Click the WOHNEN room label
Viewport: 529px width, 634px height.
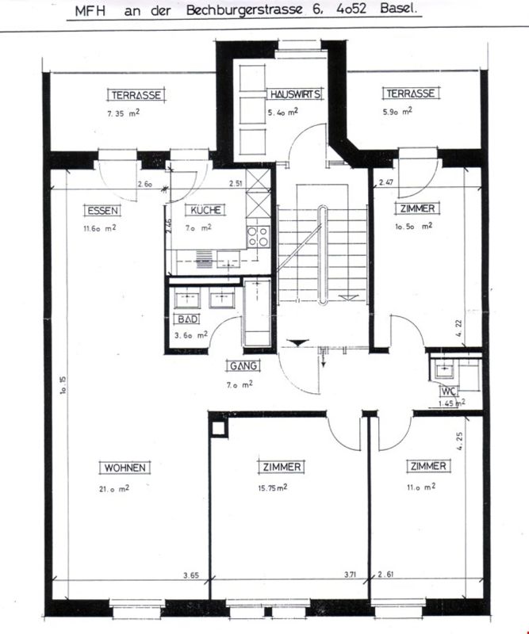coord(125,468)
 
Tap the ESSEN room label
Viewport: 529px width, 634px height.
coord(103,211)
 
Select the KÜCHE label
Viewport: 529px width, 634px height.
coord(205,210)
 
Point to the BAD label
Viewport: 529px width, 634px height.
coord(187,319)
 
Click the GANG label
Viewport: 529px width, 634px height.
coord(243,365)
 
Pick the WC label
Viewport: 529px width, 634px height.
coord(449,391)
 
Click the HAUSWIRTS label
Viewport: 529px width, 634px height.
coord(295,94)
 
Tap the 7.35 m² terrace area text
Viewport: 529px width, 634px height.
coord(124,113)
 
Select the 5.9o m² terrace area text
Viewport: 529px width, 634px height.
coord(397,111)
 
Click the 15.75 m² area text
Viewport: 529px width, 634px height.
coord(273,487)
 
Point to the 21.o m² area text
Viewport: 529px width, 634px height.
coord(114,489)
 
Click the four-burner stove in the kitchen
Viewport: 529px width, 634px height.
coord(259,236)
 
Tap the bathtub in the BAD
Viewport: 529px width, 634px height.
coord(257,312)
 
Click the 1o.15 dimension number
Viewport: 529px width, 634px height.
coord(63,385)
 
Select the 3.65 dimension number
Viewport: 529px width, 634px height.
coord(191,575)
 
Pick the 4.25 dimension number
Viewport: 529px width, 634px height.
coord(459,441)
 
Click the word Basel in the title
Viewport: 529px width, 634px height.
coord(398,9)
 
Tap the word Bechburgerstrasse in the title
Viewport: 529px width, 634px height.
coord(244,10)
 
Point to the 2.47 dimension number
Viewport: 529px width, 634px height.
coord(386,182)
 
